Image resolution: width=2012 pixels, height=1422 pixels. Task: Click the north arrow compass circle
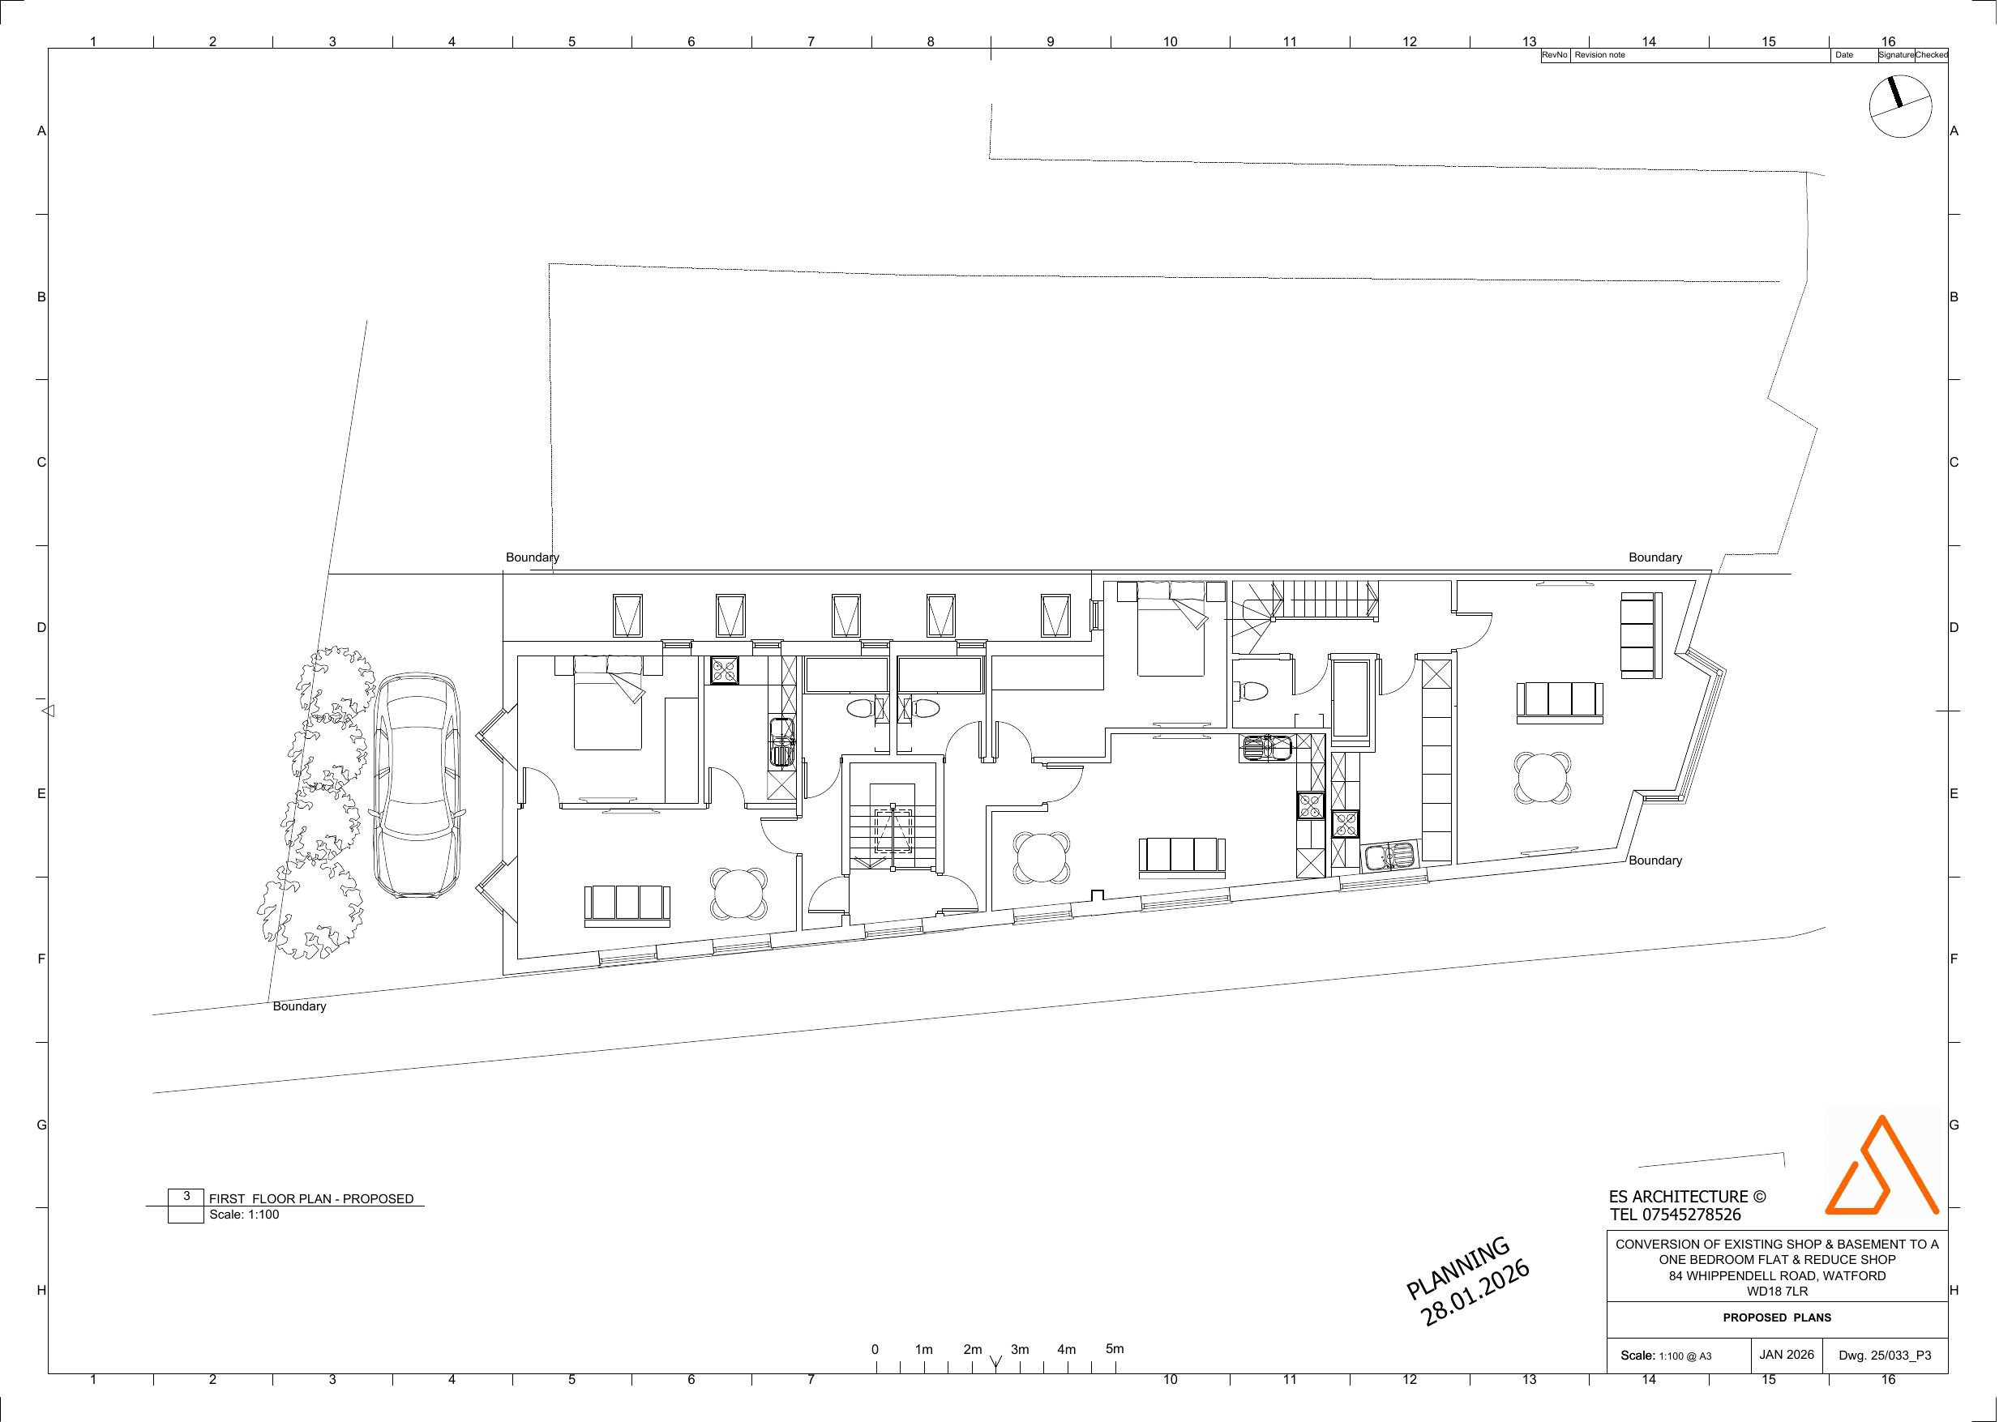[1900, 106]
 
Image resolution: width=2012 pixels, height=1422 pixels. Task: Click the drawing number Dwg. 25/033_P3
[1884, 1356]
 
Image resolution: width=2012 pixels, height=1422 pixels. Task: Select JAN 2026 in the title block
[1786, 1355]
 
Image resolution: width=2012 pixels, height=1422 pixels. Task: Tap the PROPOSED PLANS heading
[1776, 1317]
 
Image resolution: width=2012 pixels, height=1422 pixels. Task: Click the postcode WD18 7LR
[1777, 1291]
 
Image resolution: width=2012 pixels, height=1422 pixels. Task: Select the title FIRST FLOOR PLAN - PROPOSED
[311, 1198]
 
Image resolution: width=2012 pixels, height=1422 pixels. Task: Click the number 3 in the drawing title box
[186, 1196]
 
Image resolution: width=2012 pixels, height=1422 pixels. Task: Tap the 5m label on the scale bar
[1115, 1348]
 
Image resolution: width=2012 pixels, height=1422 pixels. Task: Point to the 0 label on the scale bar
[875, 1349]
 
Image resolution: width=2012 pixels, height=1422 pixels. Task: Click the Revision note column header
[1599, 54]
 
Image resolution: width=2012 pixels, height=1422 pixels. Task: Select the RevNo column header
[1555, 54]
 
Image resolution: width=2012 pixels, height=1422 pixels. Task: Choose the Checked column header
[1932, 54]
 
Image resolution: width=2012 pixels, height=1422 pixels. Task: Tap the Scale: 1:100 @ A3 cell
[1666, 1356]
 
